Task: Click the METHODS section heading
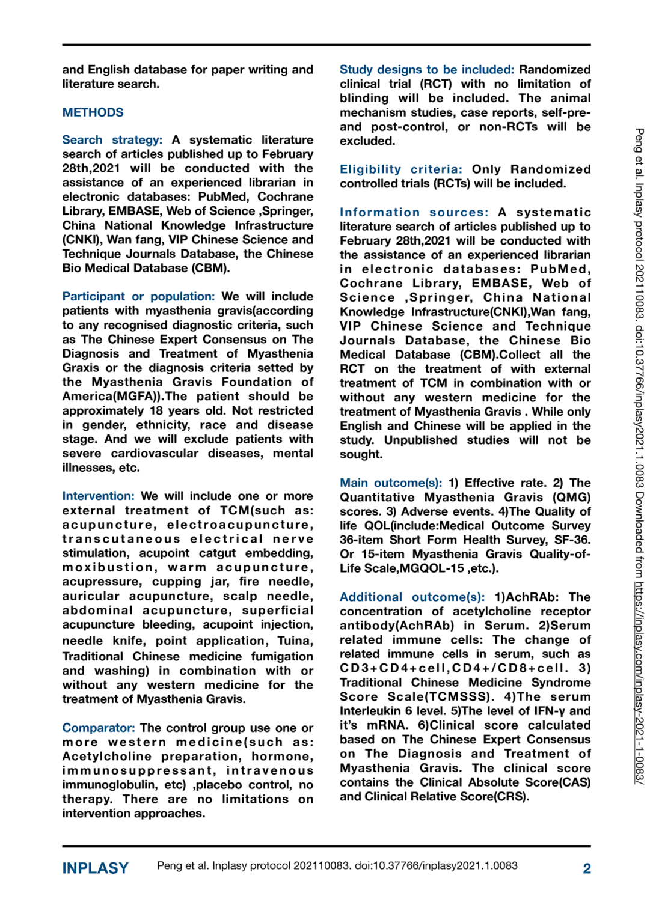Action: pos(93,112)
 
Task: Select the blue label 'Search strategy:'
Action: pos(112,140)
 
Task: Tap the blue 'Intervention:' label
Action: pos(98,496)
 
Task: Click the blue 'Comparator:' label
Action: pos(99,728)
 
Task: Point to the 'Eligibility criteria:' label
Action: pos(400,169)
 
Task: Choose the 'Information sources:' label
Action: pos(414,212)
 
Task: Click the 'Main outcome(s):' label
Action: pos(390,483)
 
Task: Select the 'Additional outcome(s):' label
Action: pos(412,597)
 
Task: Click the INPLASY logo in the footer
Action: pos(95,868)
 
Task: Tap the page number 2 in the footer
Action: pos(587,868)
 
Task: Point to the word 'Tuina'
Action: pos(294,641)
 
